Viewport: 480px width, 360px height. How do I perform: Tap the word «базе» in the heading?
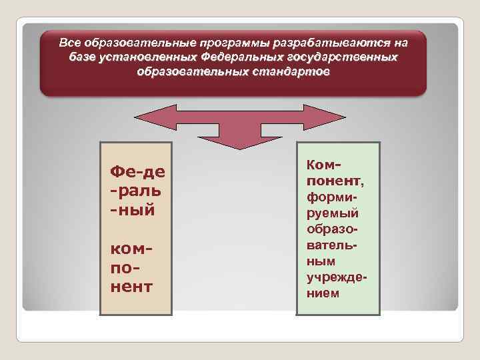(83, 57)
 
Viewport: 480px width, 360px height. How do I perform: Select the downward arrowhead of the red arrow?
(239, 141)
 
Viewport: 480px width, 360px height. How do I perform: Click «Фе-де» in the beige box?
(137, 173)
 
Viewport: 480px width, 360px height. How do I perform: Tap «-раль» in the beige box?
(137, 192)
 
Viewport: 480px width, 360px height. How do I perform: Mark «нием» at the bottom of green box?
(323, 293)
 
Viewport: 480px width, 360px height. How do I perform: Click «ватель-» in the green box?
(333, 245)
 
